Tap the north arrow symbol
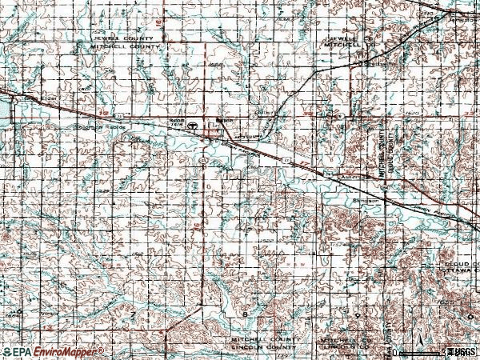[401, 350]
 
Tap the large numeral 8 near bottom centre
[244, 314]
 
